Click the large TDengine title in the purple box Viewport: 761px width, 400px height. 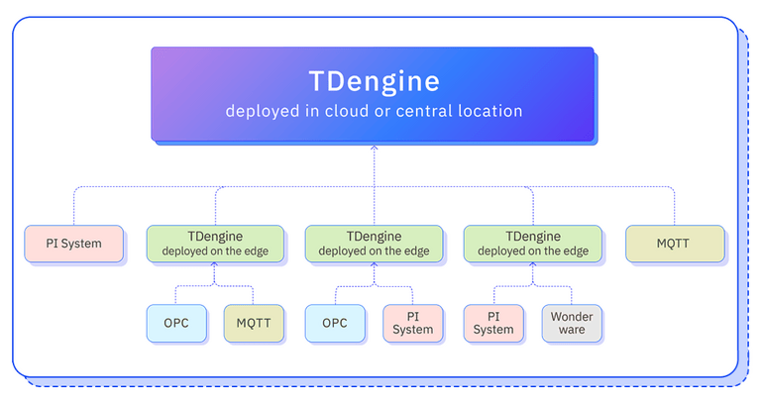[x=374, y=80]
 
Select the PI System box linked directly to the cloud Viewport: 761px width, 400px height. [x=74, y=244]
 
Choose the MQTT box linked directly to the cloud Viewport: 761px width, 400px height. [x=674, y=244]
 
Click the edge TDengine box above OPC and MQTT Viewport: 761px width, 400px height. [x=215, y=244]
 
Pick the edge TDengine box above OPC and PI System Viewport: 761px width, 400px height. [x=374, y=244]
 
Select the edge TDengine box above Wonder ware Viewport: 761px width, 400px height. [x=532, y=244]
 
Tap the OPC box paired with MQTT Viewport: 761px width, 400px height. [x=176, y=323]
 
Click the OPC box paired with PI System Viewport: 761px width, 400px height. [x=335, y=323]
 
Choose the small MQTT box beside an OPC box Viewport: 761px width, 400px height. [x=254, y=323]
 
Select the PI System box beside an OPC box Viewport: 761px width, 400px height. [x=412, y=323]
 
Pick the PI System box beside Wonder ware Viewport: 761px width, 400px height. [x=493, y=323]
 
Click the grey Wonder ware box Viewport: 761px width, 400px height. [x=571, y=323]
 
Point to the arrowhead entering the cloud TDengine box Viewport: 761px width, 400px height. [x=374, y=149]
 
